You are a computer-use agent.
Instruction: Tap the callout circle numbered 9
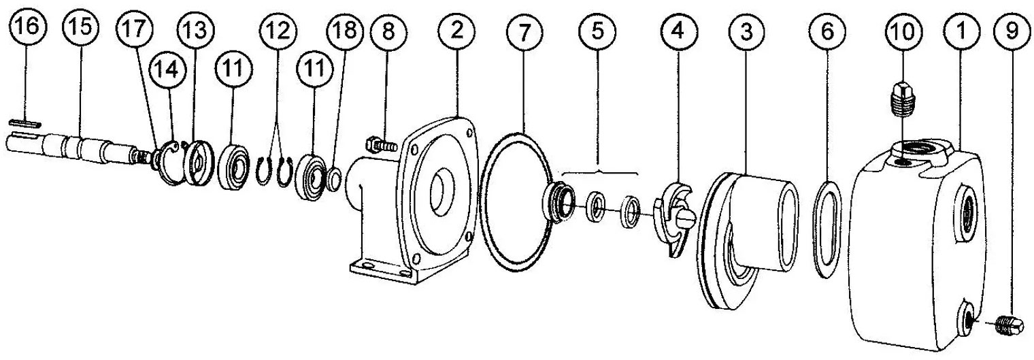coord(1012,31)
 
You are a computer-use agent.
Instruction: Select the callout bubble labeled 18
coord(346,31)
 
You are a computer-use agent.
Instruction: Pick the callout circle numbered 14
coord(167,69)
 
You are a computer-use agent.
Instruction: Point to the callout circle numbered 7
coord(524,32)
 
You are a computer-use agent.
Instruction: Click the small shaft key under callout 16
coord(25,124)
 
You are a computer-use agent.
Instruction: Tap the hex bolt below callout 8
coord(381,146)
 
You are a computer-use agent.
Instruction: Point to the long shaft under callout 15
coord(78,149)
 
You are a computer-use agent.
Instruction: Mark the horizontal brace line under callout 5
coord(599,173)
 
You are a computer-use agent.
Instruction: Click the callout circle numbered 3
coord(746,31)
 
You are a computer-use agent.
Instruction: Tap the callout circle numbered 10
coord(903,32)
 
